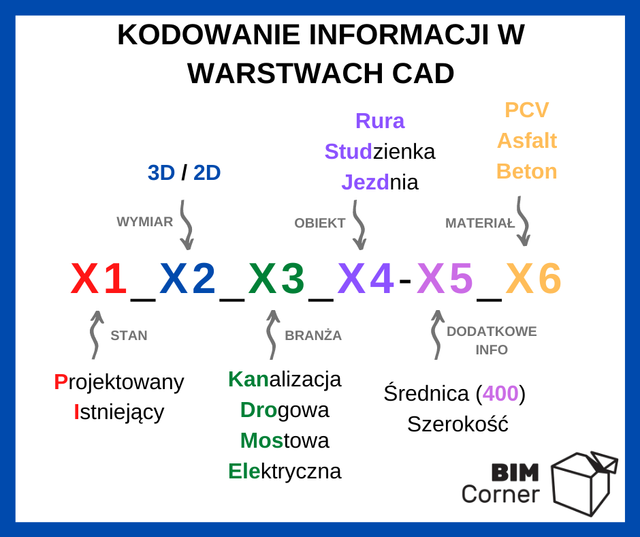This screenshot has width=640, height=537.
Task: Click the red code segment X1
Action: [98, 278]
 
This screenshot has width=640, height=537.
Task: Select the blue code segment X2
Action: [187, 278]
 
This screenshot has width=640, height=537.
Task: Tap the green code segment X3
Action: [276, 278]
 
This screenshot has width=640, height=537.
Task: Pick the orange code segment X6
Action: [534, 278]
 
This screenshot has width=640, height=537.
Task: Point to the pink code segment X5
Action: [445, 278]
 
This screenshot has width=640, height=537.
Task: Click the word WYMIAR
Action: [145, 222]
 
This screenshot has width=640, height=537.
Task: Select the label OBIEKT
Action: [320, 223]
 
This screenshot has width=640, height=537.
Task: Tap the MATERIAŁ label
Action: [480, 223]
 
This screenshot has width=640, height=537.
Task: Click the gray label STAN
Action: [129, 335]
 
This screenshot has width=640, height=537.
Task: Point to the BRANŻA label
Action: [313, 335]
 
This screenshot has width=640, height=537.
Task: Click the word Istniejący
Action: [119, 412]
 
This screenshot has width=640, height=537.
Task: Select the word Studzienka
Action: [380, 151]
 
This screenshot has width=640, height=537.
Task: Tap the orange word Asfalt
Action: [527, 140]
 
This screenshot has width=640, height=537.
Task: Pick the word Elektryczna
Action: [285, 472]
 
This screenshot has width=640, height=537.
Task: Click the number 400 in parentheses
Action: [500, 394]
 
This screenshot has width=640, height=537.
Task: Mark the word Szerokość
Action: [458, 424]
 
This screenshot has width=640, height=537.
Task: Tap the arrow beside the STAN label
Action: [95, 335]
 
